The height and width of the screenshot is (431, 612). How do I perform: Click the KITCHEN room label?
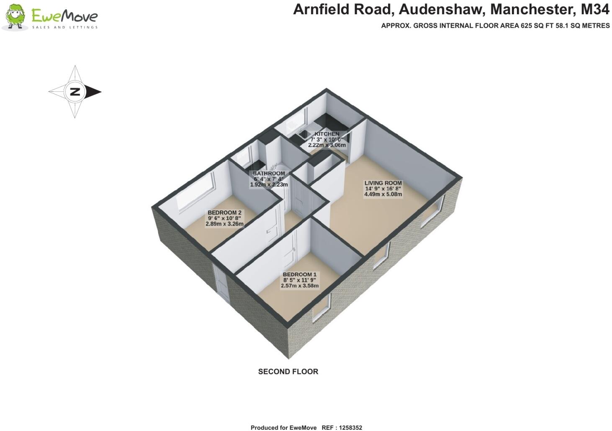point(327,134)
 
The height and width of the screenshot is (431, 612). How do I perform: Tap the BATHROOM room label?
point(269,174)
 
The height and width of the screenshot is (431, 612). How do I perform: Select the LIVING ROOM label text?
point(383,183)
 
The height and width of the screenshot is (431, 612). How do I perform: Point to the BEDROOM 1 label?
point(299,275)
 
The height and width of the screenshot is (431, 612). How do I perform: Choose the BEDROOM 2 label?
point(224,213)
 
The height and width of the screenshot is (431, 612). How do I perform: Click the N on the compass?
point(75,92)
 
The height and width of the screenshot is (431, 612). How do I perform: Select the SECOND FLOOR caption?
point(288,371)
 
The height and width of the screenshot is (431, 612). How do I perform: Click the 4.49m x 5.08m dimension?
point(383,194)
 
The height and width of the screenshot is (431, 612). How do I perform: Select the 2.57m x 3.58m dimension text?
point(299,286)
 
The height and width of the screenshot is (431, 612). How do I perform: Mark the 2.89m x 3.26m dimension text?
point(224,224)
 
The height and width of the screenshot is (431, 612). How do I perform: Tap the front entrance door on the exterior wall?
point(221,283)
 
